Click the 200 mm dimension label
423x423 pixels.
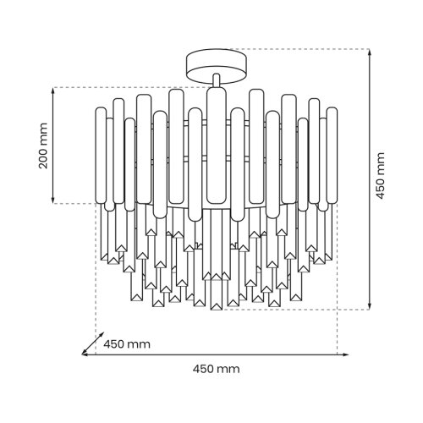[43, 146]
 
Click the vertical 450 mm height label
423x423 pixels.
[381, 176]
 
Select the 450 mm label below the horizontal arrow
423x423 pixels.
[217, 369]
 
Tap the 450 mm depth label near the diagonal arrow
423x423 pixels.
[127, 344]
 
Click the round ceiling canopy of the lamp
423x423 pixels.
[217, 67]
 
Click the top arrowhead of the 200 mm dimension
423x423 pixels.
[52, 91]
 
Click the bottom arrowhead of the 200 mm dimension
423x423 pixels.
[52, 200]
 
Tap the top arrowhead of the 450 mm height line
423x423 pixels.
[370, 52]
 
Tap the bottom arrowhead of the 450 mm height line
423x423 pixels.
[370, 306]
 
